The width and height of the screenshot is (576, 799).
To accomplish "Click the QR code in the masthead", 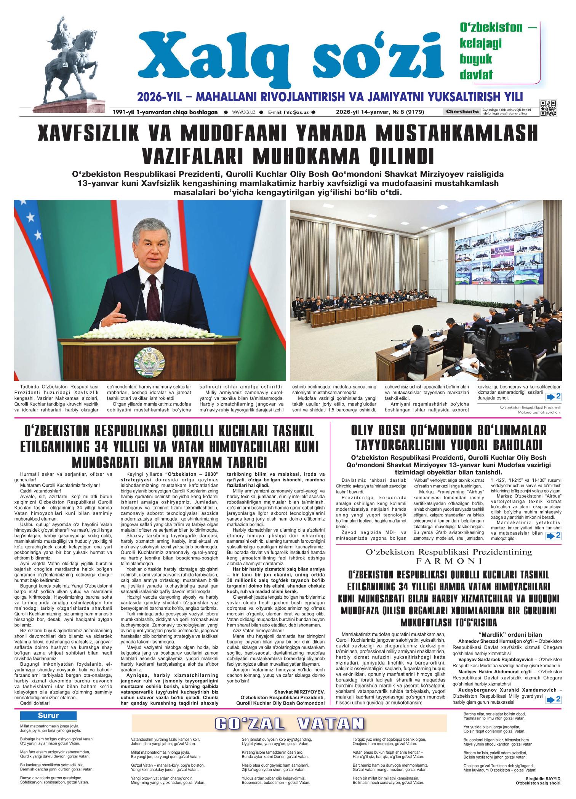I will click(548, 108).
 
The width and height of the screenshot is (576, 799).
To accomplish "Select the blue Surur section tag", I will click(48, 716).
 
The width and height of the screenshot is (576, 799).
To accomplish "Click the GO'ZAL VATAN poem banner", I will click(289, 724).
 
